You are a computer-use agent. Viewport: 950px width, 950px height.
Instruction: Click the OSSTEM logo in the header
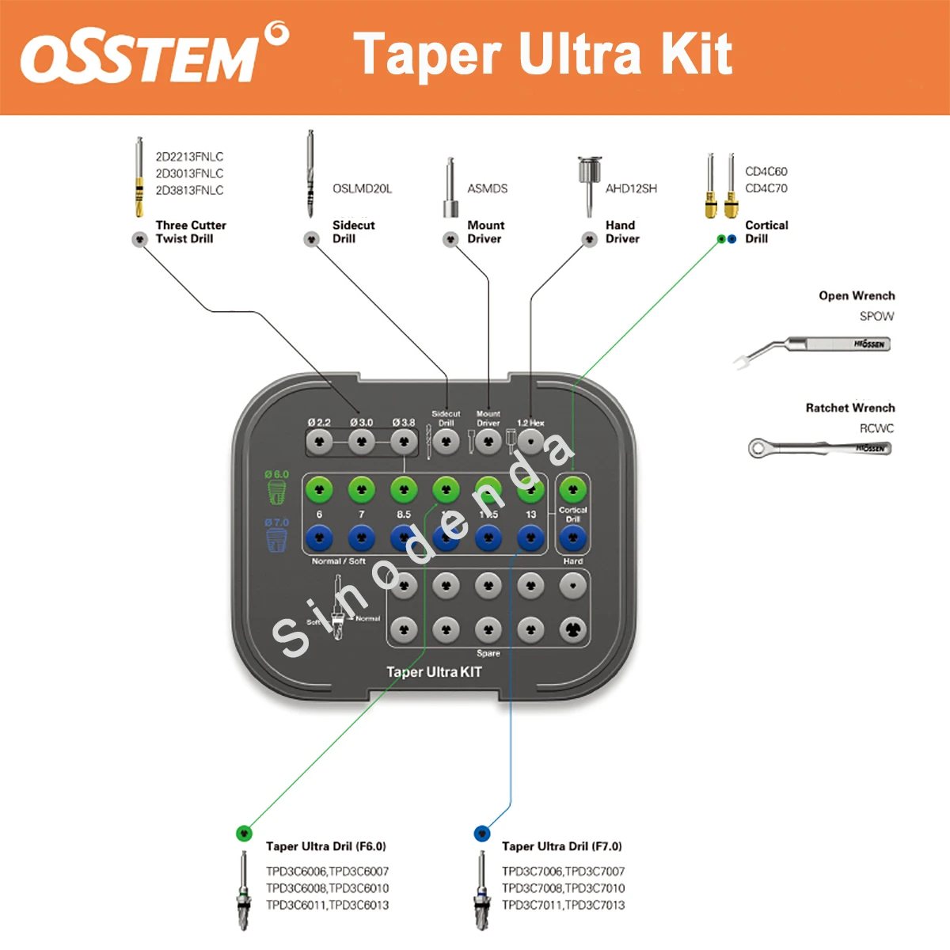pyautogui.click(x=154, y=55)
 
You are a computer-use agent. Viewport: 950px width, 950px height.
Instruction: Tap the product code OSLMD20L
pyautogui.click(x=362, y=189)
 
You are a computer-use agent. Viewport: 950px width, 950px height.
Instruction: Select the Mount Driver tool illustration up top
pyautogui.click(x=450, y=188)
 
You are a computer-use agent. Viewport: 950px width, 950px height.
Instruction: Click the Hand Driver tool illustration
pyautogui.click(x=589, y=184)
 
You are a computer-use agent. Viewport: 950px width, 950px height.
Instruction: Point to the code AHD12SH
pyautogui.click(x=631, y=189)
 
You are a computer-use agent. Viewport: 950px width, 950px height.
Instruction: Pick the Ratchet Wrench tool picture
pyautogui.click(x=819, y=449)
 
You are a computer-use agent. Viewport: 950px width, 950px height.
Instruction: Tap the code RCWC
pyautogui.click(x=876, y=428)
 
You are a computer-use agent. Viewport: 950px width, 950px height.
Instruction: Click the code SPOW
pyautogui.click(x=876, y=316)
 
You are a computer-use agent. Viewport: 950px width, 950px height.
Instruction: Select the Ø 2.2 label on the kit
pyautogui.click(x=319, y=423)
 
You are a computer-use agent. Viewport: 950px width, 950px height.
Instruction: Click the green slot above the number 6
pyautogui.click(x=319, y=490)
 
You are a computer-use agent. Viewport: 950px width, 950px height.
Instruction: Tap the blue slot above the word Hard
pyautogui.click(x=572, y=538)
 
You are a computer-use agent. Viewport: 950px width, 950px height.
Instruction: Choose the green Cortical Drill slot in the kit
pyautogui.click(x=572, y=490)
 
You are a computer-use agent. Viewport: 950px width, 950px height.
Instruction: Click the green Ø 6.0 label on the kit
pyautogui.click(x=277, y=474)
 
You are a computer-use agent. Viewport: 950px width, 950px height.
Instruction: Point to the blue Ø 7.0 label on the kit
pyautogui.click(x=277, y=522)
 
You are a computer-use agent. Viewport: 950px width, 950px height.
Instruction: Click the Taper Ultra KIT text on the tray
pyautogui.click(x=434, y=672)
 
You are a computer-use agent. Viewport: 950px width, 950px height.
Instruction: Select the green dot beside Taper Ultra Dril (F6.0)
pyautogui.click(x=245, y=833)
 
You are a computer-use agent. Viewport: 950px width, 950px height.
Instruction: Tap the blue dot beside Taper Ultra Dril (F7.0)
pyautogui.click(x=482, y=833)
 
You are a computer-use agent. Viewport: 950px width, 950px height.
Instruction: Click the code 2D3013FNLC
pyautogui.click(x=189, y=173)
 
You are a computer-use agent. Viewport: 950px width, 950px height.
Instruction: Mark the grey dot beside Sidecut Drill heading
pyautogui.click(x=312, y=239)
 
